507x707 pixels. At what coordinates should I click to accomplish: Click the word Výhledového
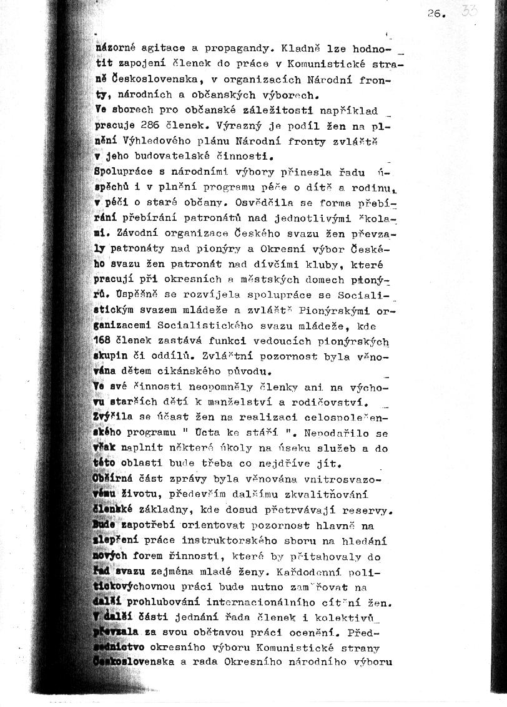[159, 142]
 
